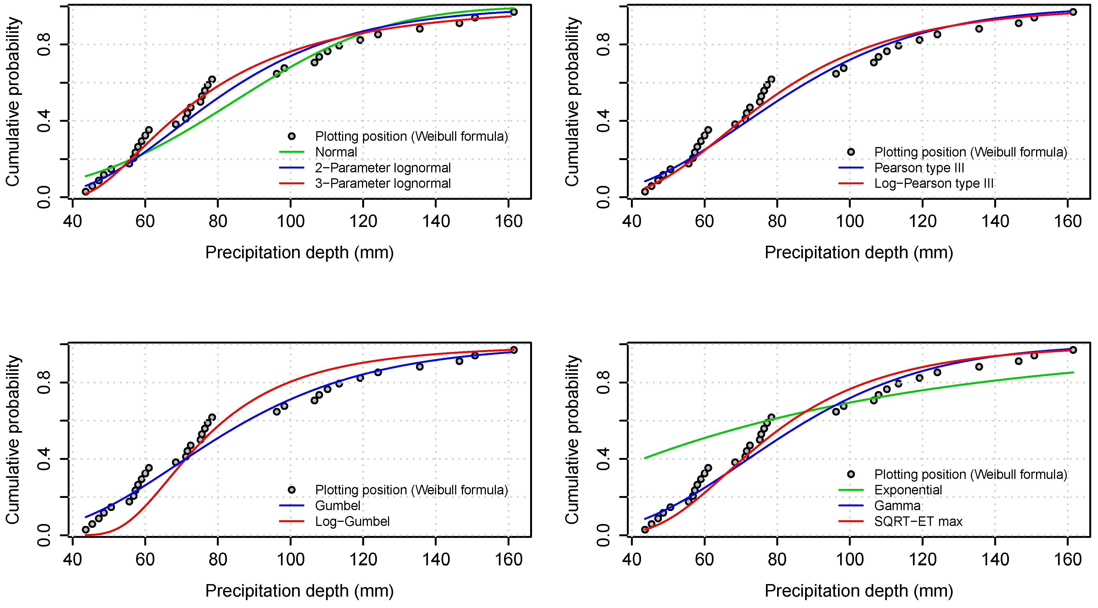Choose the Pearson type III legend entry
[x=919, y=168]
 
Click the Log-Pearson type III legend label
[x=933, y=184]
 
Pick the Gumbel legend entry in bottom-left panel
[x=337, y=506]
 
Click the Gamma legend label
[x=897, y=506]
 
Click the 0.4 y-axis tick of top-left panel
[x=44, y=121]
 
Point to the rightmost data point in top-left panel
[x=514, y=12]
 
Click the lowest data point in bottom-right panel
[x=645, y=529]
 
